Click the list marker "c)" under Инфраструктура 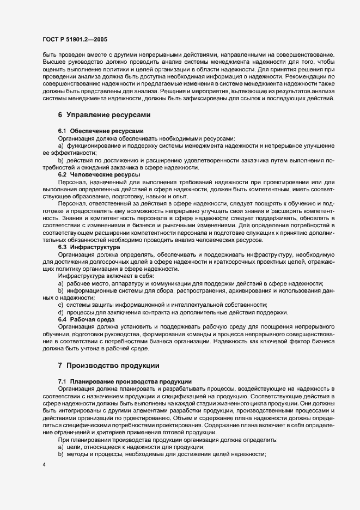click(61, 304)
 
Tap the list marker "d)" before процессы click(61, 311)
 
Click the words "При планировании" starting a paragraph click(82, 439)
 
